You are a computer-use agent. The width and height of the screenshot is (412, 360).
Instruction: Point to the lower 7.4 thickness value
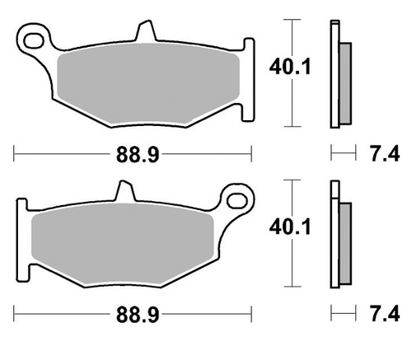click(x=377, y=314)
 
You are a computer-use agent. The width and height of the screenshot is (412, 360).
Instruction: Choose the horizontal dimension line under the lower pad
click(x=66, y=315)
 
